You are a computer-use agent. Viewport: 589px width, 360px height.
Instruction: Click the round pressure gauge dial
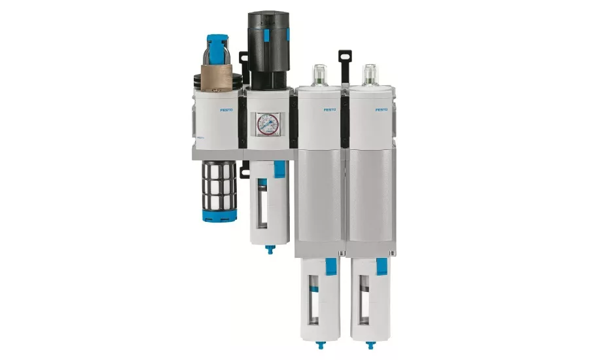click(x=266, y=124)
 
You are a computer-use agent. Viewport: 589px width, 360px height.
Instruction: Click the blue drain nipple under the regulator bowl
click(x=268, y=249)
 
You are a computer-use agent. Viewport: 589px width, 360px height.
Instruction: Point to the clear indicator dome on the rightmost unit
click(x=370, y=73)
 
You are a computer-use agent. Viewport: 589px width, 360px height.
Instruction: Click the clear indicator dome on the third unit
click(x=319, y=73)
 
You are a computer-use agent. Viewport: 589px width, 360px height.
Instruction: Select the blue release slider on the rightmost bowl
click(x=382, y=266)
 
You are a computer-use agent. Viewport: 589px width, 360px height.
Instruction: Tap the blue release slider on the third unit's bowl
click(x=330, y=266)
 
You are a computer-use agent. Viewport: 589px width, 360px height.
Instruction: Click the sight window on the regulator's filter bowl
click(x=261, y=206)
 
